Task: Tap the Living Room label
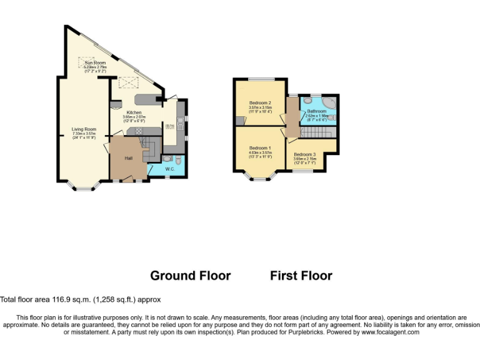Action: tap(83, 129)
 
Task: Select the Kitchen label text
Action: tap(132, 112)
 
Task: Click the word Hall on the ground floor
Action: tap(128, 158)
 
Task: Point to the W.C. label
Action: tap(169, 169)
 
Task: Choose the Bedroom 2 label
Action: tap(260, 102)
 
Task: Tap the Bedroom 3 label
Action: tap(305, 154)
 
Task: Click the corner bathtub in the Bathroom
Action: tap(329, 102)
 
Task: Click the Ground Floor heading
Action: tap(191, 276)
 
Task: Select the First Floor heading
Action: tap(301, 276)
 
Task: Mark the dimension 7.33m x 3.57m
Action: tap(83, 133)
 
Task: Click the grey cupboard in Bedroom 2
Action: tap(239, 119)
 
